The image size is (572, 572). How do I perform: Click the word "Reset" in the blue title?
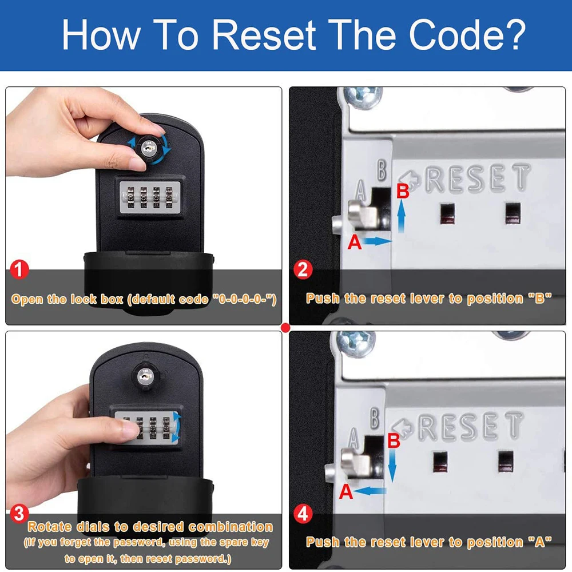tap(264, 35)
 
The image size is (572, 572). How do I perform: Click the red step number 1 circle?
tap(19, 269)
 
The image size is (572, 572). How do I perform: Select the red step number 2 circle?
tap(303, 269)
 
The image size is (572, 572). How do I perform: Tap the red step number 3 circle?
tap(19, 514)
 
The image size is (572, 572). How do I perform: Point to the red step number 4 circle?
tap(303, 514)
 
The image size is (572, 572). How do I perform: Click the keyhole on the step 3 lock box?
tap(145, 376)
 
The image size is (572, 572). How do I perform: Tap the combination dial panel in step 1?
tap(150, 198)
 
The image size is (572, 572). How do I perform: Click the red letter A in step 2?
tap(354, 242)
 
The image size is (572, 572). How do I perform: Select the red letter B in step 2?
tap(403, 191)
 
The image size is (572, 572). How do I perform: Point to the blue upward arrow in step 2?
tap(402, 216)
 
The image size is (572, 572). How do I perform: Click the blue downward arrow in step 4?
tap(392, 465)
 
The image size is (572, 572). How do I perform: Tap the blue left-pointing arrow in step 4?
tap(370, 491)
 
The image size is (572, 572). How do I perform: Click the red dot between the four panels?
tap(285, 328)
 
